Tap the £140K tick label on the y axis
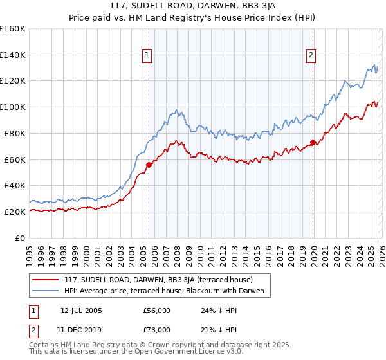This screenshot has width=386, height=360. pos(13,55)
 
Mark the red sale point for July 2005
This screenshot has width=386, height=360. pos(149,165)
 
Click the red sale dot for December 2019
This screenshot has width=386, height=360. pos(313,142)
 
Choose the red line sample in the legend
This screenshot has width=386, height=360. pos(45,280)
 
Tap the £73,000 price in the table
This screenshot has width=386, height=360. pos(156,330)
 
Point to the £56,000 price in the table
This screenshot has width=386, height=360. pos(156,310)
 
